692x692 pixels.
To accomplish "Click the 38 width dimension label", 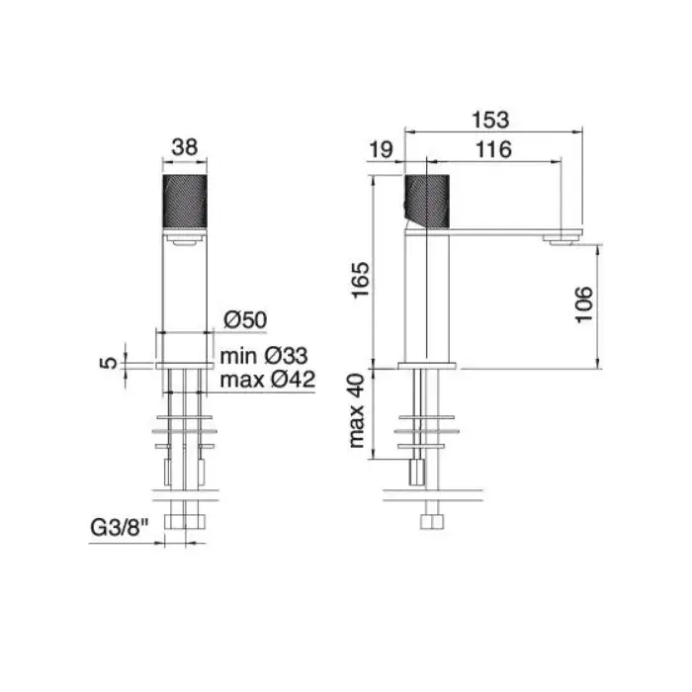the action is click(x=185, y=147).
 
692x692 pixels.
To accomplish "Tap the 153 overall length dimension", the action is click(x=490, y=120).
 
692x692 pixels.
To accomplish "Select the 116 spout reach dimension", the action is click(x=493, y=149).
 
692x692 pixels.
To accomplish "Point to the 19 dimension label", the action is click(x=381, y=149).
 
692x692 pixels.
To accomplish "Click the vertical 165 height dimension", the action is click(x=361, y=280).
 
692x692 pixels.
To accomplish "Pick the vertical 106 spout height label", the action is click(x=584, y=304).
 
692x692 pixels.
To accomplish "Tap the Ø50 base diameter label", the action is click(x=245, y=319).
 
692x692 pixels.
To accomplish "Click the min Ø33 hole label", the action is click(x=264, y=356).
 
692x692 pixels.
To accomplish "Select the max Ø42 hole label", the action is click(x=268, y=379).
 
